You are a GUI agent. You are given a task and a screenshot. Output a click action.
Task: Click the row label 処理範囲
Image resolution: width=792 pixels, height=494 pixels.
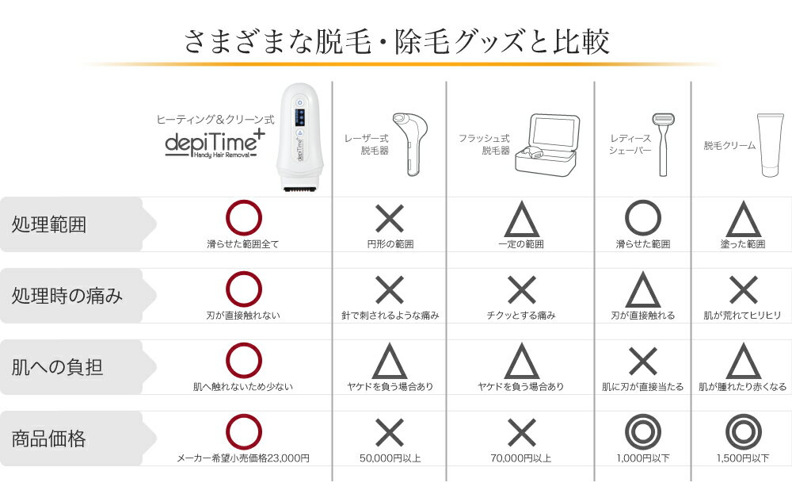(x=49, y=224)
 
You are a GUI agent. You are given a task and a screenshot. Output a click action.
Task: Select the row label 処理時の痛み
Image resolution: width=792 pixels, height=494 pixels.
(x=67, y=296)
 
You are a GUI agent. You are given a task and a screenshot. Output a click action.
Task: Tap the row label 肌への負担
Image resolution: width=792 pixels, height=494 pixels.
(x=57, y=367)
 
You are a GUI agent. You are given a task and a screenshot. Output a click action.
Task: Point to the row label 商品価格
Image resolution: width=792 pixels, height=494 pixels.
(x=49, y=438)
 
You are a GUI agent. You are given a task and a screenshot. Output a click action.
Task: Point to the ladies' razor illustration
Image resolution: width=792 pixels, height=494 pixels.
(x=661, y=143)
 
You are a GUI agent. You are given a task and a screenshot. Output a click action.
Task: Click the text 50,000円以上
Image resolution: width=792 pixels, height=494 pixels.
(x=389, y=458)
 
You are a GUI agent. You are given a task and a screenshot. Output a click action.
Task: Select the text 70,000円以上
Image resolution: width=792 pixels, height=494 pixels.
(x=521, y=458)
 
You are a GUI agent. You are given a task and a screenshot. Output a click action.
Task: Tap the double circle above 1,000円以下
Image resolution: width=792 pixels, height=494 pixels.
(x=642, y=432)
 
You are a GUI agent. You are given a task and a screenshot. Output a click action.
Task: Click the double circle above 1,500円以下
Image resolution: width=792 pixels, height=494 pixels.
(x=743, y=432)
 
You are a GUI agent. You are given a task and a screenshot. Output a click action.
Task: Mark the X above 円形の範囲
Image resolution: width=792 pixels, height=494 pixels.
(x=389, y=219)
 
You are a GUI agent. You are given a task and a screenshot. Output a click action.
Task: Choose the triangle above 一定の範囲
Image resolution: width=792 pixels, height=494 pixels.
(x=521, y=219)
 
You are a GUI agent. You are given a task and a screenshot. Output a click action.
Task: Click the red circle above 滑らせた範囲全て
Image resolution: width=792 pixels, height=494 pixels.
(x=243, y=219)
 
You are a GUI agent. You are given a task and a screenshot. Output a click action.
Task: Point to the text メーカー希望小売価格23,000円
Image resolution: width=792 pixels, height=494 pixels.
(x=243, y=458)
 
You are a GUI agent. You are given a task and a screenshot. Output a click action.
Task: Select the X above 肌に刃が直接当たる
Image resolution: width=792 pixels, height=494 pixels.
(x=642, y=362)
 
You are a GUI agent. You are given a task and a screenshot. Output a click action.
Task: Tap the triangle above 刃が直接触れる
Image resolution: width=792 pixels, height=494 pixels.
(x=642, y=291)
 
